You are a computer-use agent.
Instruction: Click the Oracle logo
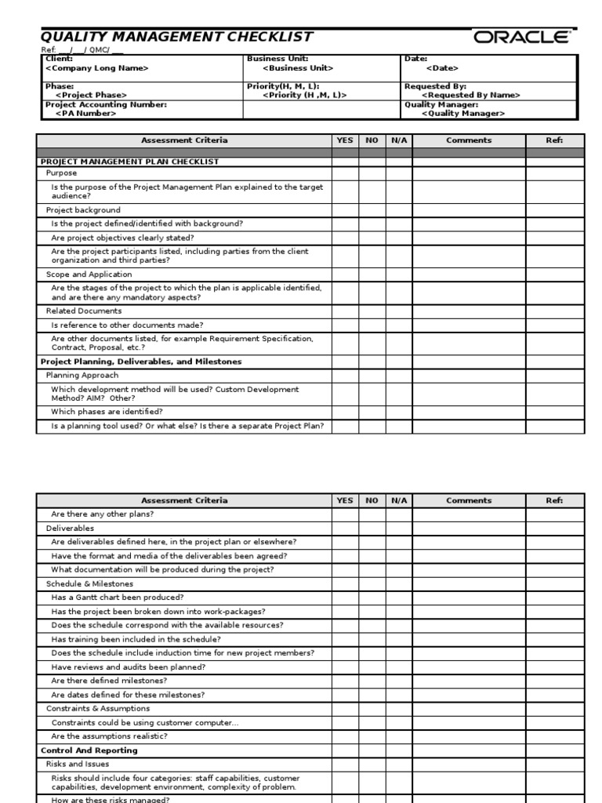[x=521, y=38]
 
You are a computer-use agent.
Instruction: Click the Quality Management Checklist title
[x=176, y=37]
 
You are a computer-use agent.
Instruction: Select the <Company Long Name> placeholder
[x=97, y=68]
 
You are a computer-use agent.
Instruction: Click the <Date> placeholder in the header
[x=442, y=68]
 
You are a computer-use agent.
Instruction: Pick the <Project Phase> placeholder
[x=91, y=95]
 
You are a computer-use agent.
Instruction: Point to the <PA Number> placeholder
[x=85, y=113]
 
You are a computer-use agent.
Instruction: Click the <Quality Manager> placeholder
[x=463, y=113]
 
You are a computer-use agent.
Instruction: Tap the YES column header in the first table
[x=345, y=140]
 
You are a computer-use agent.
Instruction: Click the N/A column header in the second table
[x=399, y=500]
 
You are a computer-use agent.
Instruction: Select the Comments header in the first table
[x=469, y=140]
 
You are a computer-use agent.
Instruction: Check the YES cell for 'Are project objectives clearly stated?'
[x=345, y=238]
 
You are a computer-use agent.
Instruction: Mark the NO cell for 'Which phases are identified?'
[x=372, y=412]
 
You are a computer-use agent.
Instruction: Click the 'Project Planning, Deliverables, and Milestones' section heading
[x=141, y=362]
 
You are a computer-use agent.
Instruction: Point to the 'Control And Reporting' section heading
[x=89, y=750]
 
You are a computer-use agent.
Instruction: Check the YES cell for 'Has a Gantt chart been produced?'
[x=345, y=598]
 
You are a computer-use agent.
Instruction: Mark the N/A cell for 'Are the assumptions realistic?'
[x=399, y=736]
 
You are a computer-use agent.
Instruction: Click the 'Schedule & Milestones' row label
[x=89, y=583]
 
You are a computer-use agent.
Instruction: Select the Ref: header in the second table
[x=554, y=500]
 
